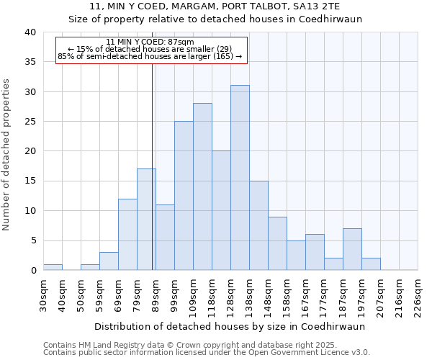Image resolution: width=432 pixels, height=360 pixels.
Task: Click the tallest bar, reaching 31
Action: click(x=240, y=178)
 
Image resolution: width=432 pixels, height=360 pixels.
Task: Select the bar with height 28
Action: click(x=202, y=186)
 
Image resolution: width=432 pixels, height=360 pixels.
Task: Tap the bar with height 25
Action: click(x=184, y=196)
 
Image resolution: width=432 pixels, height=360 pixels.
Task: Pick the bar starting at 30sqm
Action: click(x=53, y=267)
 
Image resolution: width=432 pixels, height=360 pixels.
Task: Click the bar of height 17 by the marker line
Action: click(x=146, y=220)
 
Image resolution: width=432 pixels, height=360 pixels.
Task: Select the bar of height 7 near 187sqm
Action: click(x=352, y=249)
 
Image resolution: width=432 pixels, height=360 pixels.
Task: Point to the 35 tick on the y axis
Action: click(x=30, y=62)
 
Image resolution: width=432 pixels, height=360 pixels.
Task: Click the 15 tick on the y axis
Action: click(x=30, y=181)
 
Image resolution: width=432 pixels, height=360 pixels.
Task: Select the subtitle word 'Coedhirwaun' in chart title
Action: click(x=334, y=19)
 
